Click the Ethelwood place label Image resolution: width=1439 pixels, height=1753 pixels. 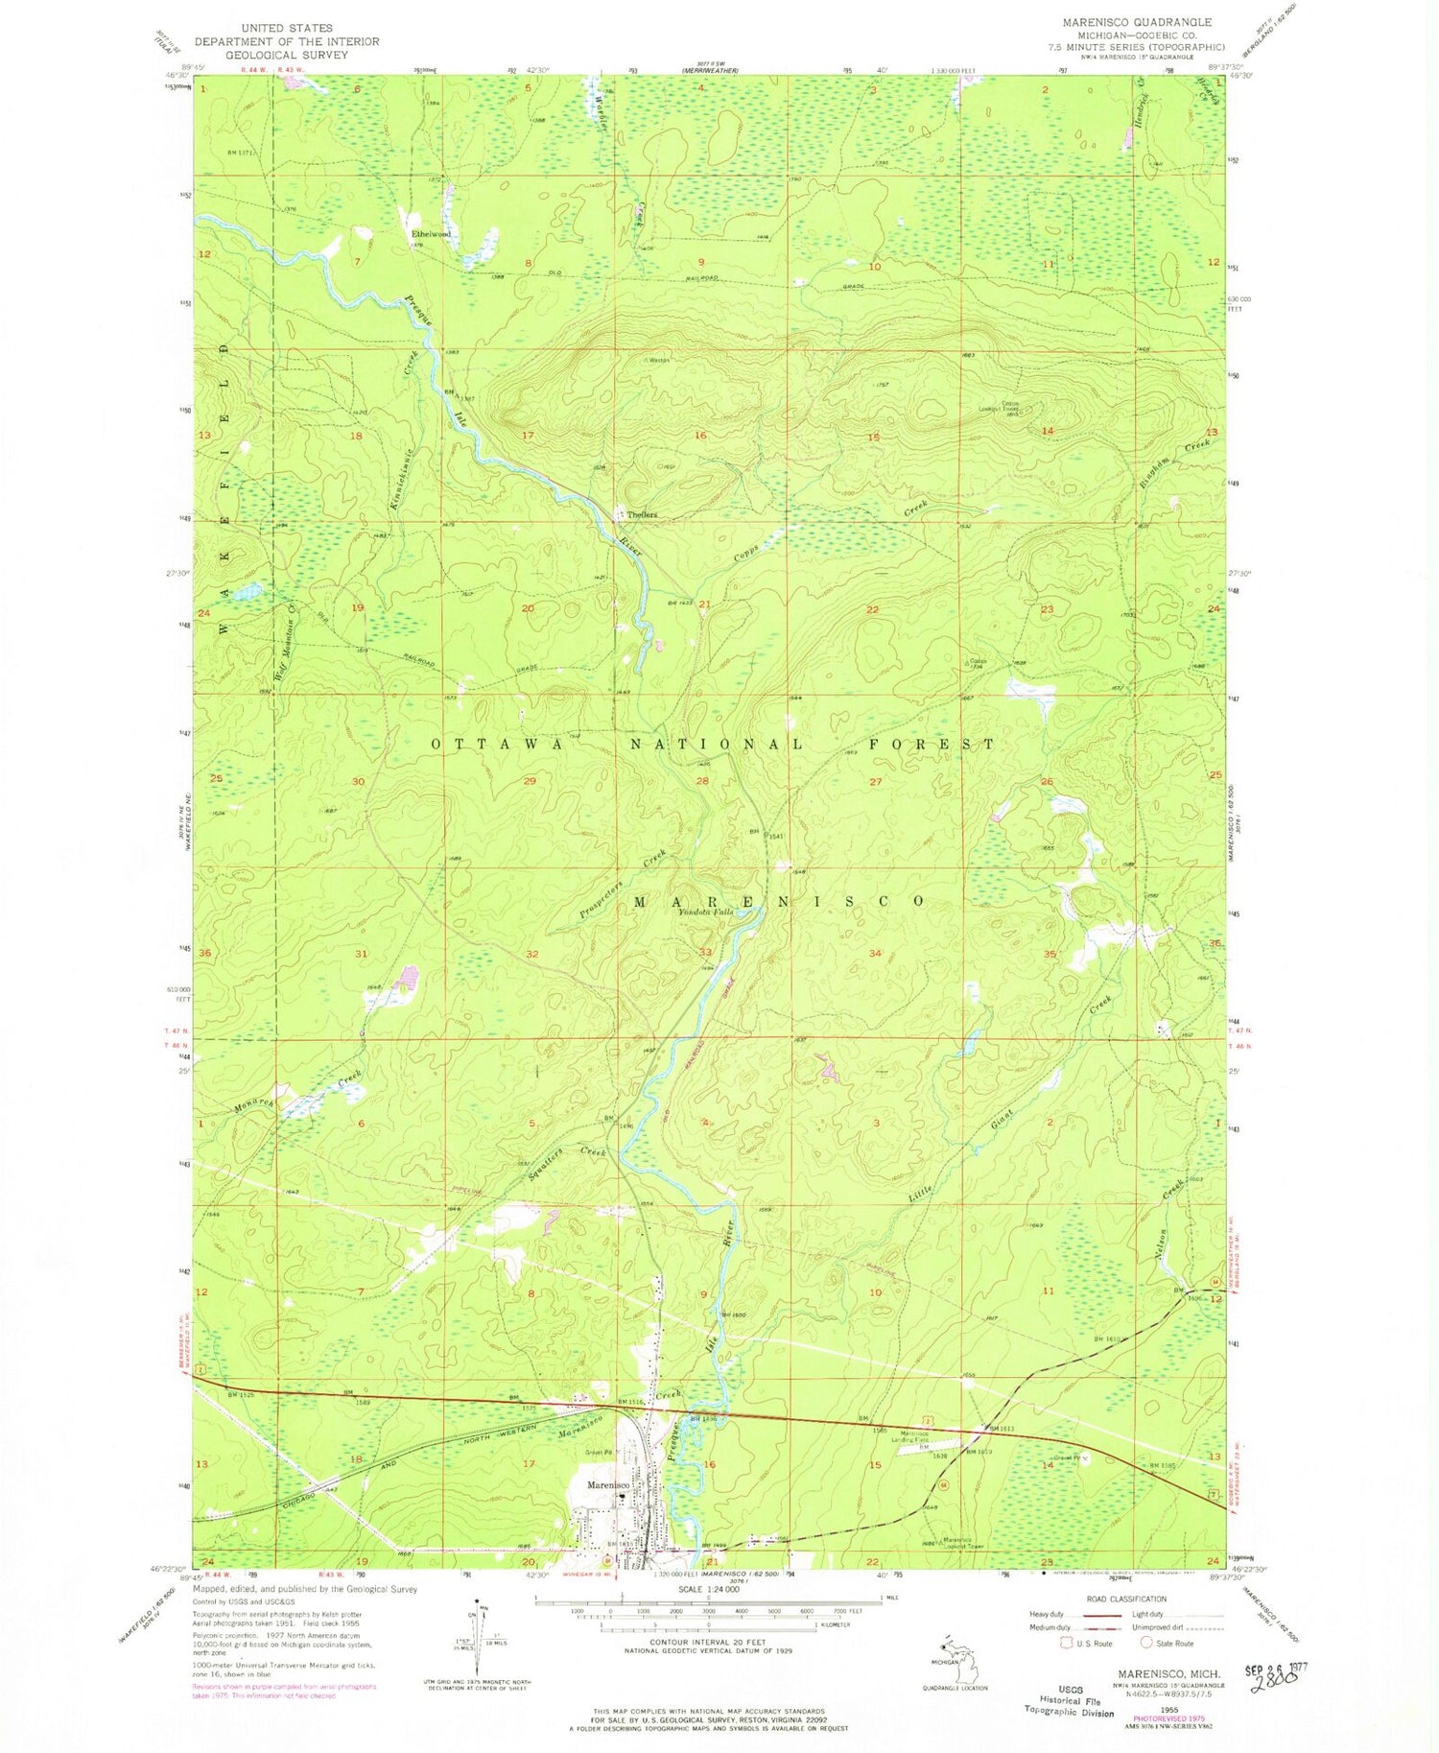[x=431, y=234]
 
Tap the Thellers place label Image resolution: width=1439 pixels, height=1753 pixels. [x=642, y=514]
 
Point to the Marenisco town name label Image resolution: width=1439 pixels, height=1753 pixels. [x=607, y=1485]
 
